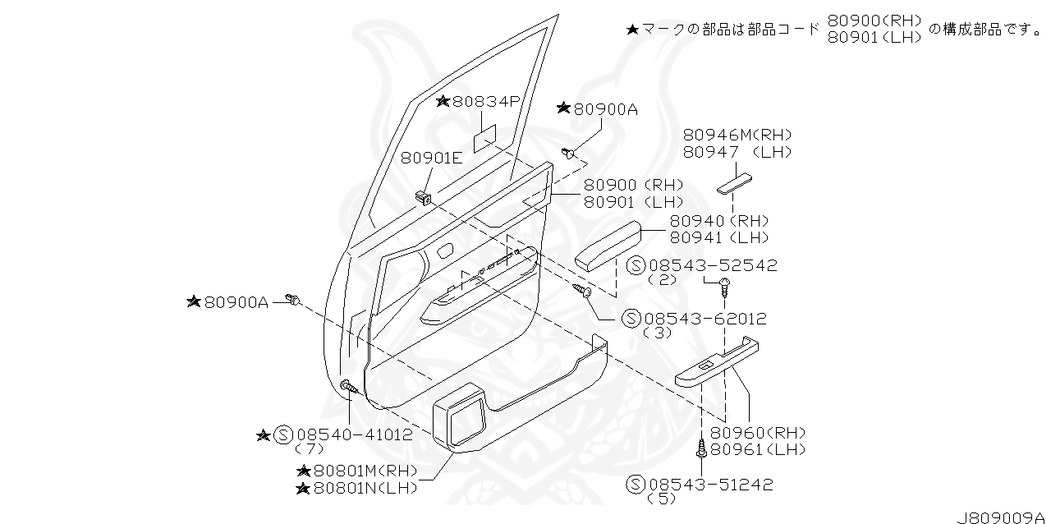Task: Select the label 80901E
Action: [431, 159]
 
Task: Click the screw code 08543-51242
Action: [710, 485]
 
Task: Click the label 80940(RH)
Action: [719, 221]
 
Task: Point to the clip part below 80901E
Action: [424, 197]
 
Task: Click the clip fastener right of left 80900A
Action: [293, 299]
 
